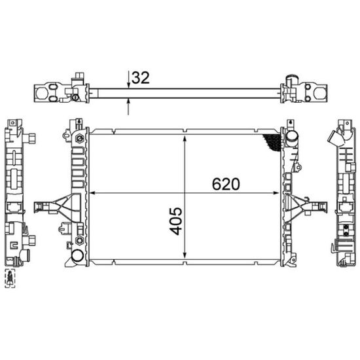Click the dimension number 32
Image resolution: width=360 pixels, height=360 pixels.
click(x=141, y=78)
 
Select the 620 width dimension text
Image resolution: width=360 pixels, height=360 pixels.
click(x=226, y=184)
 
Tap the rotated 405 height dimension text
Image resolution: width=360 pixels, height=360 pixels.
click(x=176, y=221)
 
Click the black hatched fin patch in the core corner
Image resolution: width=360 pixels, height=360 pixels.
click(x=272, y=141)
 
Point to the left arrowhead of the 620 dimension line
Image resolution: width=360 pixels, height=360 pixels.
click(x=92, y=193)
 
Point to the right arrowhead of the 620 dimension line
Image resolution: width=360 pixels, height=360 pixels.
click(x=276, y=193)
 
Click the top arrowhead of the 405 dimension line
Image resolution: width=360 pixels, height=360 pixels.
click(x=185, y=139)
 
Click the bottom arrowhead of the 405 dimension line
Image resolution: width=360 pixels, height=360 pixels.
click(x=185, y=255)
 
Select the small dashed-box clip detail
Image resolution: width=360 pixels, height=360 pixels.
click(x=10, y=278)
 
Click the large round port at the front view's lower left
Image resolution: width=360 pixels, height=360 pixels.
click(x=77, y=256)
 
